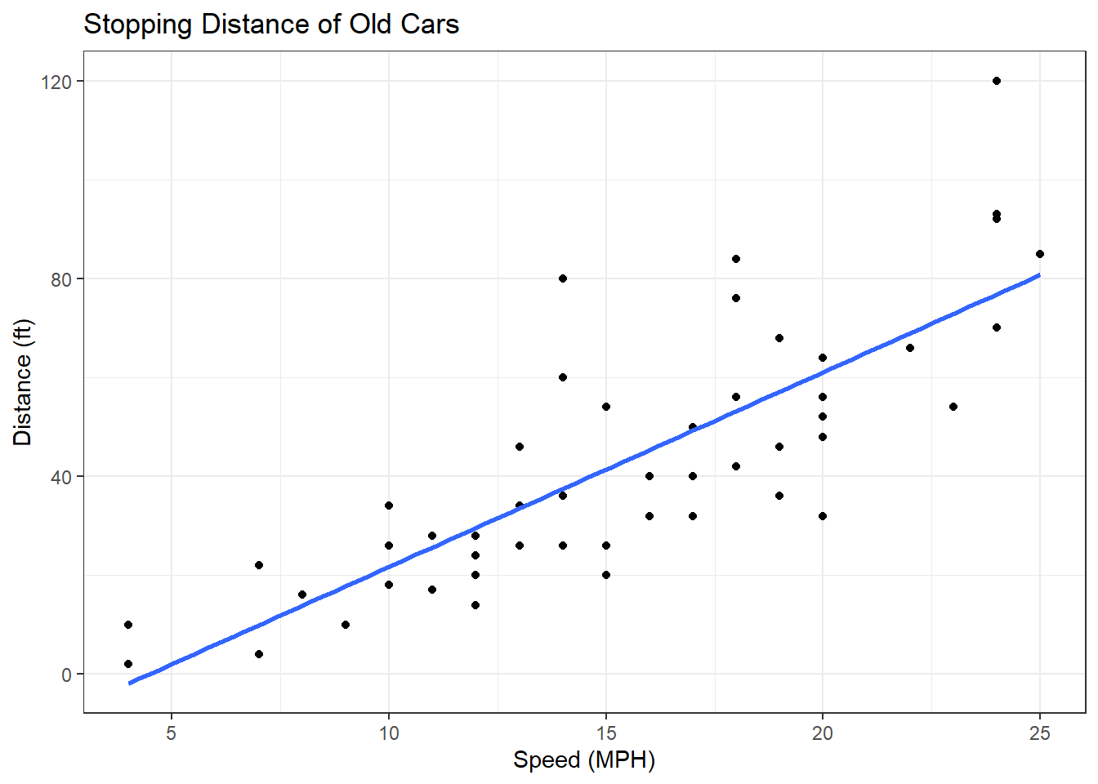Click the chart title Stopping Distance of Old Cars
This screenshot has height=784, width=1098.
(x=271, y=24)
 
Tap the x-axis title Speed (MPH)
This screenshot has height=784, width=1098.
(x=584, y=760)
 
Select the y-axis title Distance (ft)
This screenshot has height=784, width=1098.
(x=23, y=382)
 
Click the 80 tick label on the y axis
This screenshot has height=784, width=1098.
(x=61, y=278)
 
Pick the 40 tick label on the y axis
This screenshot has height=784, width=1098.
(x=61, y=476)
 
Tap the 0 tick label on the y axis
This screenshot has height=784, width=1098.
(x=67, y=675)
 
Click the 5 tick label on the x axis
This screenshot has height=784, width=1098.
(x=172, y=733)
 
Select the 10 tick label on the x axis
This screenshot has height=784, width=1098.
(x=389, y=733)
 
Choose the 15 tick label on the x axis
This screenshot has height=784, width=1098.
(x=605, y=733)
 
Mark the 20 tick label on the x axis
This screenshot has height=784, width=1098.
(x=823, y=733)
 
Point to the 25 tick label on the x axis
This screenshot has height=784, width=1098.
(x=1039, y=733)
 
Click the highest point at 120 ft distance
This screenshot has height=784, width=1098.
(x=997, y=81)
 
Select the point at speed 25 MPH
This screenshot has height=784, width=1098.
(x=1040, y=254)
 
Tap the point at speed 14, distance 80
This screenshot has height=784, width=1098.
(x=563, y=278)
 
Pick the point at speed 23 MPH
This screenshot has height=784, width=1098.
(x=953, y=407)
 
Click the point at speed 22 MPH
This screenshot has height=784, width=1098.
(x=910, y=348)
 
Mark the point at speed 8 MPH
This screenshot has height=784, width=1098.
(x=302, y=595)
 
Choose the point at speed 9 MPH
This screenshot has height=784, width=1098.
(x=346, y=625)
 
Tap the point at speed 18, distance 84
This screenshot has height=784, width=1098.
(x=736, y=259)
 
